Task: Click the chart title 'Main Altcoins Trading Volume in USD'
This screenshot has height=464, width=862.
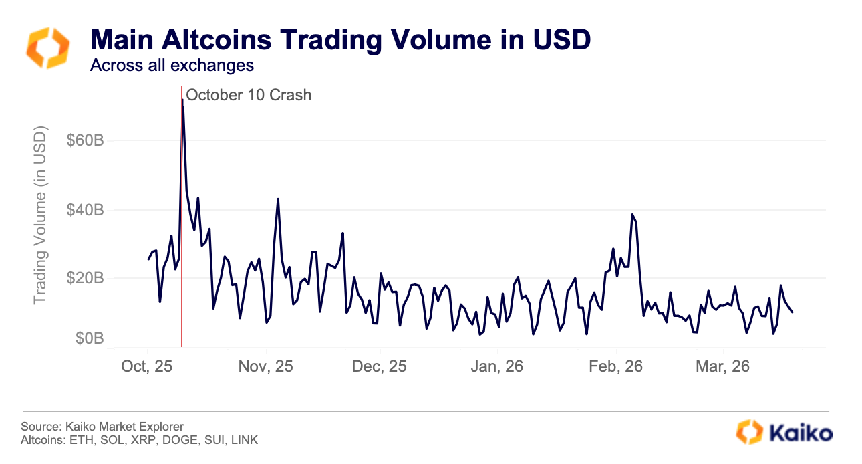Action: click(x=341, y=40)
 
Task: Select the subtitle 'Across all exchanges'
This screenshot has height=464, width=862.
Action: click(x=172, y=66)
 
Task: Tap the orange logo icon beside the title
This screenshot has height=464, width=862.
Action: click(x=47, y=47)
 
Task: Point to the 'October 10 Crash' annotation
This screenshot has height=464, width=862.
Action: click(x=249, y=95)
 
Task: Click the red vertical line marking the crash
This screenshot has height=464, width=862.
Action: click(x=182, y=267)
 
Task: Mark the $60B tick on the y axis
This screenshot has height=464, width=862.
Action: click(x=86, y=141)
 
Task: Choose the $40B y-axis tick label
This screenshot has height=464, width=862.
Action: click(x=86, y=211)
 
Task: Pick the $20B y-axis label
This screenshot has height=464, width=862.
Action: click(x=86, y=279)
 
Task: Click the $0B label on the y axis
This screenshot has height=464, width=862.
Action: click(x=90, y=339)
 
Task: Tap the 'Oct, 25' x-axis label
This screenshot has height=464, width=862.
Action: click(x=147, y=367)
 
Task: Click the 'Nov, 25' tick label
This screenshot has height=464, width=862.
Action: click(x=265, y=367)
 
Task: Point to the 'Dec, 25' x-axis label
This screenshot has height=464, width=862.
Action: click(x=379, y=367)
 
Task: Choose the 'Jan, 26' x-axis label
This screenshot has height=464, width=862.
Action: click(x=497, y=367)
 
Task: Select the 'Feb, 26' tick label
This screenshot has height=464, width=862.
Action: click(x=616, y=367)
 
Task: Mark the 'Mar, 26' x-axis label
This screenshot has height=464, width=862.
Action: click(x=723, y=367)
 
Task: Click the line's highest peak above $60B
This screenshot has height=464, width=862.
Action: click(x=182, y=100)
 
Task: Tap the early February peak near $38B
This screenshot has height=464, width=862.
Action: click(x=632, y=215)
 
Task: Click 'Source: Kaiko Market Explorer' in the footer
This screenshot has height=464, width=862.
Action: click(x=102, y=427)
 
